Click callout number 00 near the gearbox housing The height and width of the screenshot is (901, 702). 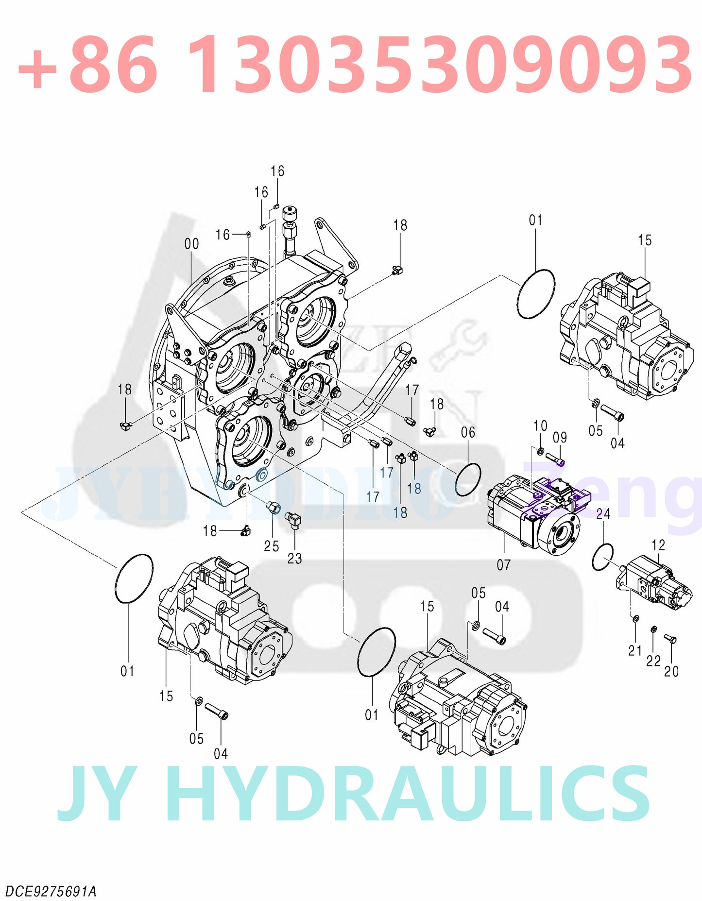coord(191,244)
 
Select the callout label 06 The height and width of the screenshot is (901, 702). coord(468,432)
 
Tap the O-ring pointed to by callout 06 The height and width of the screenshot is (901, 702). coord(468,479)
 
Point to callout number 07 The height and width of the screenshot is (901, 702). coord(503,565)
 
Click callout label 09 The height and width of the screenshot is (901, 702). coord(560,438)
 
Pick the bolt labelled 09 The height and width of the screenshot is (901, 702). coord(555,458)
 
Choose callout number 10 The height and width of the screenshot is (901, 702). coord(540,426)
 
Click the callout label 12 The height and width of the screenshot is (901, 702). coord(658,545)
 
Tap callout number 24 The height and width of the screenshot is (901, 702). coord(603,514)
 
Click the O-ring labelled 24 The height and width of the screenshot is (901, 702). coord(602,557)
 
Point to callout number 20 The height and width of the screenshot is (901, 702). coord(671,671)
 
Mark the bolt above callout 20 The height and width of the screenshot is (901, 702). coord(670,639)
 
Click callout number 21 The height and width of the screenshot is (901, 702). coord(635,651)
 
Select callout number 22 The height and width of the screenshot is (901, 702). coord(653,661)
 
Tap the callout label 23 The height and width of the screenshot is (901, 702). coord(294,559)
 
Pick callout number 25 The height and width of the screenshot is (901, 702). coord(271,546)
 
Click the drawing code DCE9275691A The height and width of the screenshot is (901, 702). coord(51,892)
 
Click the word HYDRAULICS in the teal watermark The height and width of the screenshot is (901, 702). coord(410,795)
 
